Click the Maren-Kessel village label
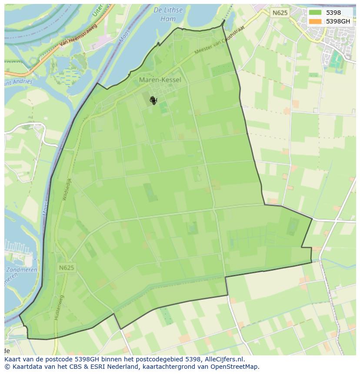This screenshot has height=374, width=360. (x=160, y=80)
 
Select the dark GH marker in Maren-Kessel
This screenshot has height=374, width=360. (x=153, y=100)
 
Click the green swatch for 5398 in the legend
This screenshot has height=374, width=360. (x=316, y=13)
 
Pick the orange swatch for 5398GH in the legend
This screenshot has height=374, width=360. (x=316, y=21)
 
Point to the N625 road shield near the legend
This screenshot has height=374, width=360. (x=280, y=13)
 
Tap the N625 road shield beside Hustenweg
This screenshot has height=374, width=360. (x=66, y=268)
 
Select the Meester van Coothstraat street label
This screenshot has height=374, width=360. (x=219, y=46)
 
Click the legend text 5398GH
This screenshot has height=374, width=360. (x=338, y=21)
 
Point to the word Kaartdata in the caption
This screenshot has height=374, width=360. (x=24, y=367)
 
